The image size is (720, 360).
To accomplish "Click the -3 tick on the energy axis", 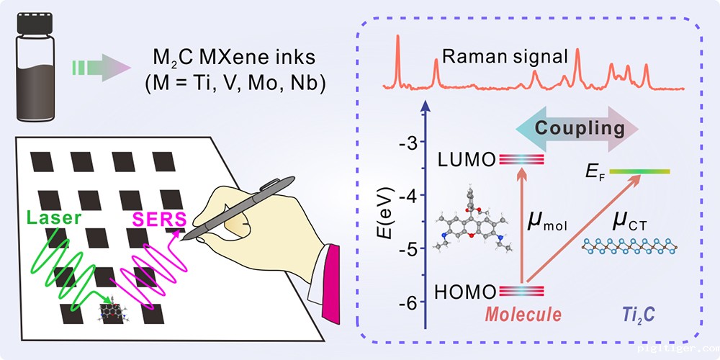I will click(x=410, y=142).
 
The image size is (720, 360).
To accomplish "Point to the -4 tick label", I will click(x=410, y=195).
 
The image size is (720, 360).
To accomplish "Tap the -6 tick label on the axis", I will click(x=410, y=302).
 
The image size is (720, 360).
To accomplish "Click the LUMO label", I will click(x=467, y=159).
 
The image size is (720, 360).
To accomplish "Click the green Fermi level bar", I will click(x=639, y=171).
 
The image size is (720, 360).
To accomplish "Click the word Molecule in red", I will click(x=523, y=315).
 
